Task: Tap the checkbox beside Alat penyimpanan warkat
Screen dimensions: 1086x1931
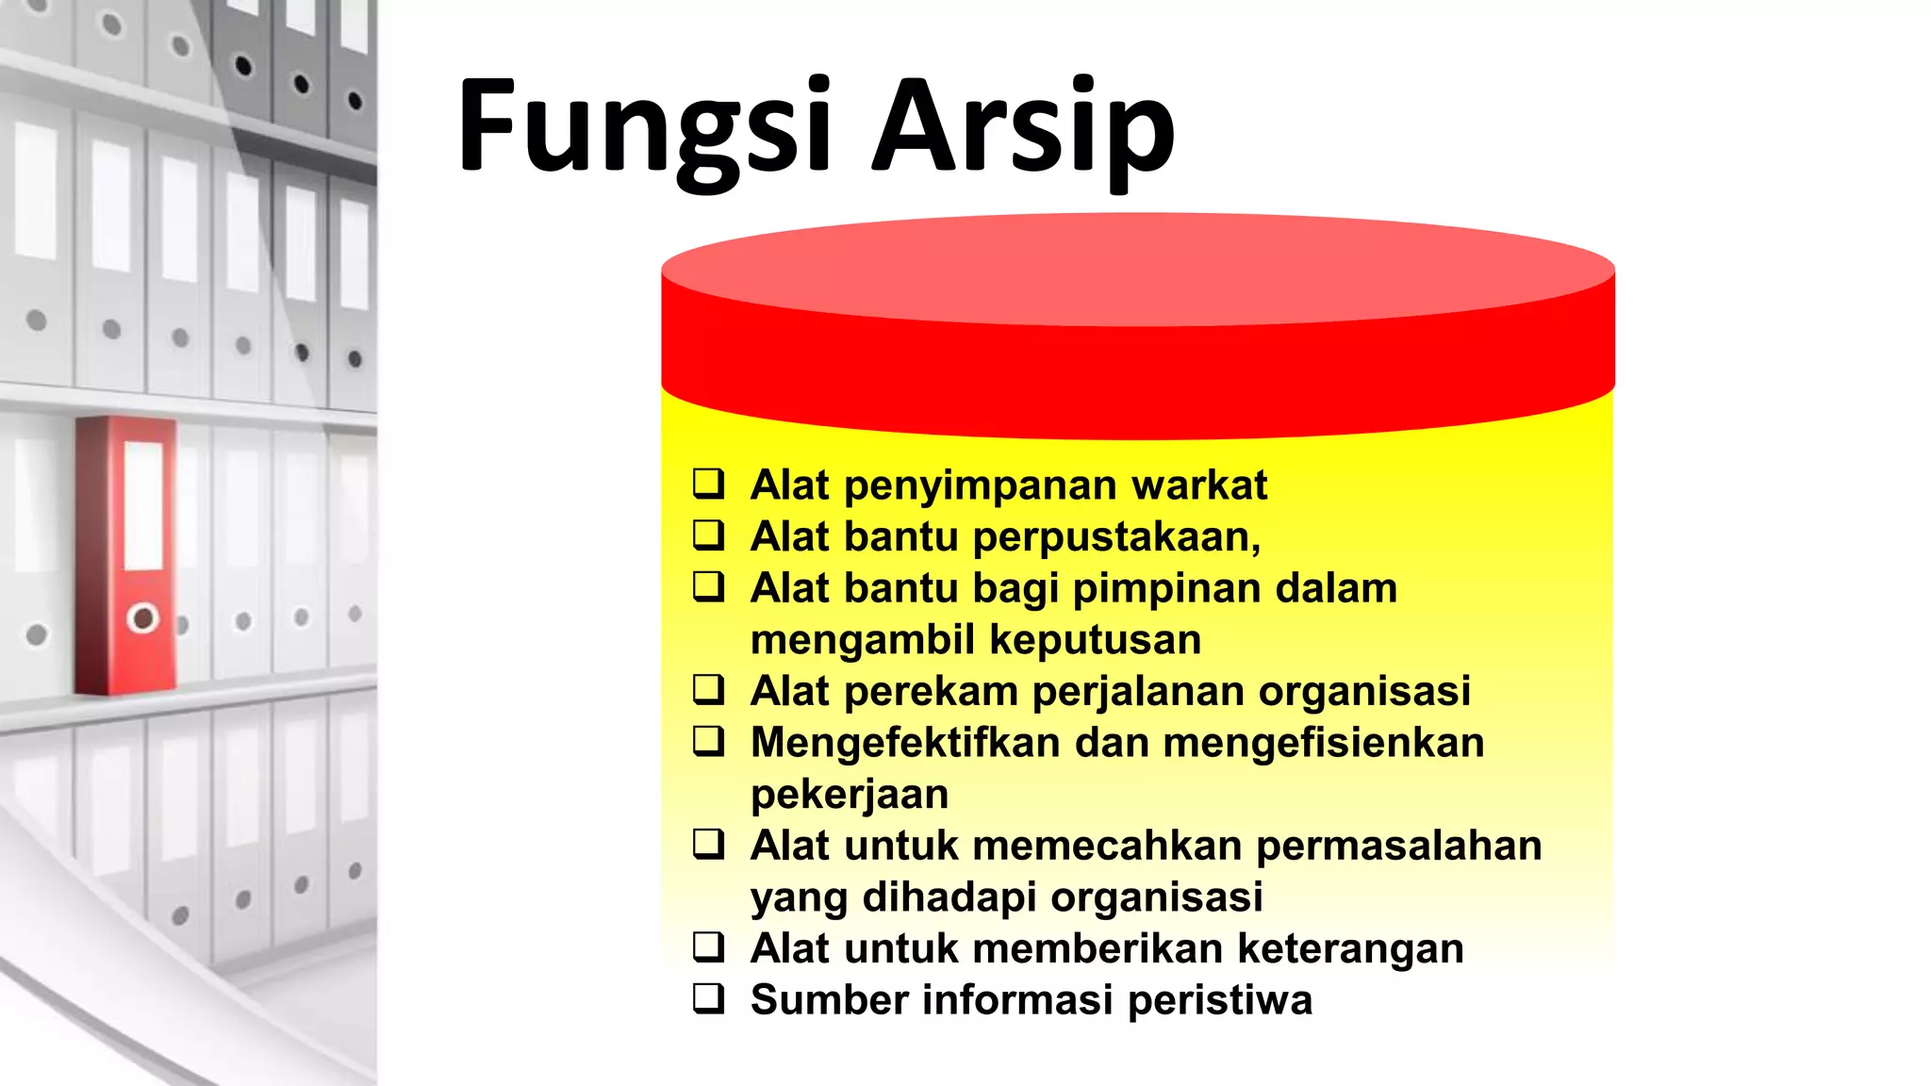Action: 709,484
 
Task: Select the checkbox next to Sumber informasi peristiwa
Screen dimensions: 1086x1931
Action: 709,998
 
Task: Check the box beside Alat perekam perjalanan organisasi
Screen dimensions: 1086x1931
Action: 709,689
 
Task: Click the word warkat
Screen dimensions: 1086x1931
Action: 1198,485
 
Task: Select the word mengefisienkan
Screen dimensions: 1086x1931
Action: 1324,743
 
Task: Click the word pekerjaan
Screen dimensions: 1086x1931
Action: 850,795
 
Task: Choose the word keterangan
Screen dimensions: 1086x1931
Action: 1350,949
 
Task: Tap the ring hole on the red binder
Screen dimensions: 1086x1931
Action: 143,618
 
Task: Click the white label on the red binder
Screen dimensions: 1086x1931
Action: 144,505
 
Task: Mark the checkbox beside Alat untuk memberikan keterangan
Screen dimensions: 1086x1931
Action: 709,946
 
